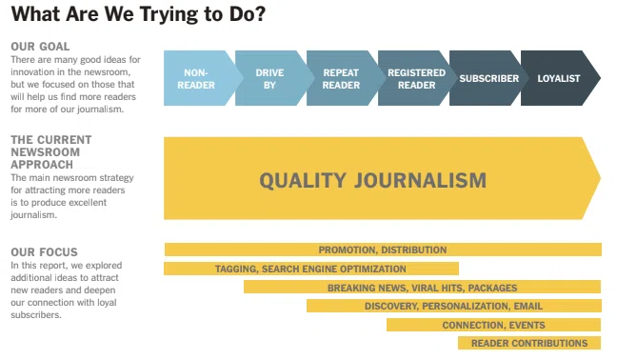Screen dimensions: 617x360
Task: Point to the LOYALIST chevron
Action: point(560,78)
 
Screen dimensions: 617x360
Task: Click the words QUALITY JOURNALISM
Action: point(372,180)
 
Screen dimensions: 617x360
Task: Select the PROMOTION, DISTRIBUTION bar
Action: point(383,250)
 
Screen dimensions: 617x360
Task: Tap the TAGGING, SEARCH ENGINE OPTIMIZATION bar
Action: point(311,269)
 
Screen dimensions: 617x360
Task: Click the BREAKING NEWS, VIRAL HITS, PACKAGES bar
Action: point(422,287)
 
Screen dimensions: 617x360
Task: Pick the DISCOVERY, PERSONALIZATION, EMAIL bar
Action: point(454,306)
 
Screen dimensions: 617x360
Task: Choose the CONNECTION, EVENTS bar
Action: point(493,325)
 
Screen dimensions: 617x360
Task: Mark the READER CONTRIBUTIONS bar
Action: point(529,343)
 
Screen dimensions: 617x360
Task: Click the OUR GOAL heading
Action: point(40,47)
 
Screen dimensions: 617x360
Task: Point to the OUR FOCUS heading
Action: point(44,252)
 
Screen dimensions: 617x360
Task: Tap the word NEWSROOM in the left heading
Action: point(46,152)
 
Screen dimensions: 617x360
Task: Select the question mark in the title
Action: point(261,13)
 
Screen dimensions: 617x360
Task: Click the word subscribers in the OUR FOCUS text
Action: point(36,314)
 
